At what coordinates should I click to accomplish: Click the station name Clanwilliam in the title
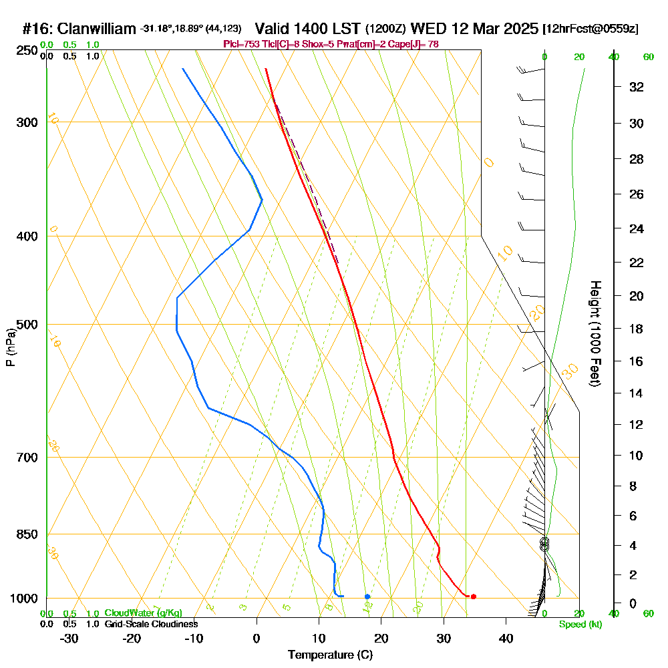point(98,29)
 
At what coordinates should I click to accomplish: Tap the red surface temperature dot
point(473,597)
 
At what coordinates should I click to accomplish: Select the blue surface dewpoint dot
point(367,596)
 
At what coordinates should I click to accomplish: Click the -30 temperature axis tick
point(69,639)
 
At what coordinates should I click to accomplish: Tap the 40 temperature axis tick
point(506,639)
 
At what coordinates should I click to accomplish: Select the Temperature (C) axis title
point(330,655)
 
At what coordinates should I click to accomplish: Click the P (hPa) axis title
point(10,347)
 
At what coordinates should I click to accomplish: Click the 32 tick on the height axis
point(637,87)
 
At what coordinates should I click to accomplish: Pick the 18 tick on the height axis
point(637,329)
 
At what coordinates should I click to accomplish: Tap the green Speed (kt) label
point(580,625)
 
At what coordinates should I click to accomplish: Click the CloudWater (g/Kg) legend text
point(143,613)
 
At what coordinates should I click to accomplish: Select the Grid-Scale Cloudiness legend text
point(151,624)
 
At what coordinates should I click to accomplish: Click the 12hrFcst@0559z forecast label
point(591,29)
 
